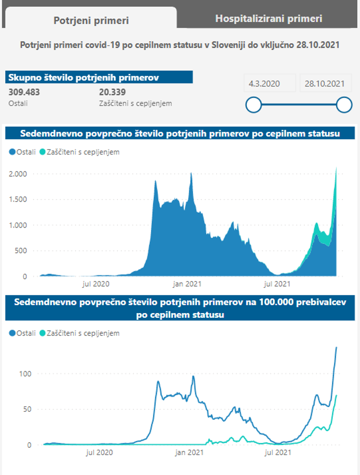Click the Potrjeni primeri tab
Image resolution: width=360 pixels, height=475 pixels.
(x=91, y=20)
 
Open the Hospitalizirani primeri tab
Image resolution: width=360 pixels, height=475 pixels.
(x=268, y=18)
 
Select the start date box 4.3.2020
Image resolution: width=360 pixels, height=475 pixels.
(x=264, y=84)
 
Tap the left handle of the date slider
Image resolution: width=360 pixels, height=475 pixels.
(x=254, y=104)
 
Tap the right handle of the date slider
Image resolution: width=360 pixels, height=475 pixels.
(x=344, y=104)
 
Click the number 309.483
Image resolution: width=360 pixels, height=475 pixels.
(x=24, y=92)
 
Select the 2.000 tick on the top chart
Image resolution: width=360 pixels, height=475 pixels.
(x=18, y=174)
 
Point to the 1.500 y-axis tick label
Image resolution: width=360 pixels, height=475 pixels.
(x=18, y=199)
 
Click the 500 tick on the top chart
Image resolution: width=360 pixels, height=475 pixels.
(x=21, y=251)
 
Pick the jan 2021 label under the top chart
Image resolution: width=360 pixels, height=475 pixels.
(x=187, y=284)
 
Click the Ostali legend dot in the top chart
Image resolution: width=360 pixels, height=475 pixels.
(x=12, y=152)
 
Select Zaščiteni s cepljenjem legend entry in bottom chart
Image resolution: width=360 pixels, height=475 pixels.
(x=79, y=333)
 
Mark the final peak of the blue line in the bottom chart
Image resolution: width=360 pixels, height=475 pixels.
(x=336, y=348)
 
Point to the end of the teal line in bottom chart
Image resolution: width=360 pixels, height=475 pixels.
(x=336, y=395)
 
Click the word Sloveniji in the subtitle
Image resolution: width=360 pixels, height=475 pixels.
(x=229, y=45)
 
